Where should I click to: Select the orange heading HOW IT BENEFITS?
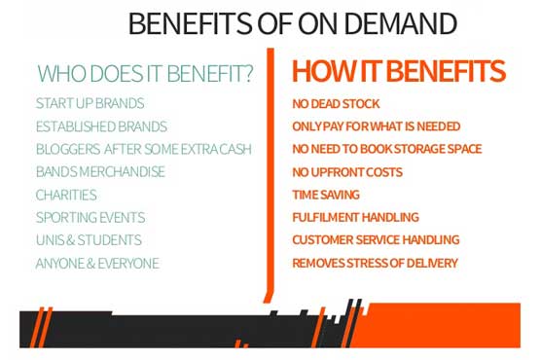pyautogui.click(x=398, y=71)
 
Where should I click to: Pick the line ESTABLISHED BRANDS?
pyautogui.click(x=101, y=126)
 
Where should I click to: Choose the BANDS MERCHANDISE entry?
pyautogui.click(x=100, y=172)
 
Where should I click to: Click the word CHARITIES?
pyautogui.click(x=66, y=195)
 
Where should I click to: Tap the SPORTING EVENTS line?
pyautogui.click(x=90, y=217)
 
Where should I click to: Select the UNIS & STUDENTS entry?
pyautogui.click(x=89, y=240)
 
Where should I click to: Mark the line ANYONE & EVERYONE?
pyautogui.click(x=97, y=263)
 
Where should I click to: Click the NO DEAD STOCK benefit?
pyautogui.click(x=338, y=103)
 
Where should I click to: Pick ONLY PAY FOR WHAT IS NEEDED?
pyautogui.click(x=377, y=126)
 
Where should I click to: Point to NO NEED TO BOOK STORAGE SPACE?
pyautogui.click(x=387, y=149)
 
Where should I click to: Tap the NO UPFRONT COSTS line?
pyautogui.click(x=347, y=172)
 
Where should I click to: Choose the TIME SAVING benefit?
pyautogui.click(x=326, y=195)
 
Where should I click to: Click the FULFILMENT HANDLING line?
pyautogui.click(x=355, y=217)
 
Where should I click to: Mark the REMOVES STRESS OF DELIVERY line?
pyautogui.click(x=375, y=263)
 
